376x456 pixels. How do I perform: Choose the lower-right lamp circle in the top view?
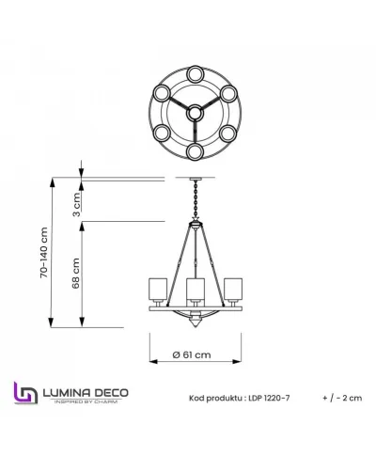pos(227,133)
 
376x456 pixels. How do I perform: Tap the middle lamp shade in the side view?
pos(195,288)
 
